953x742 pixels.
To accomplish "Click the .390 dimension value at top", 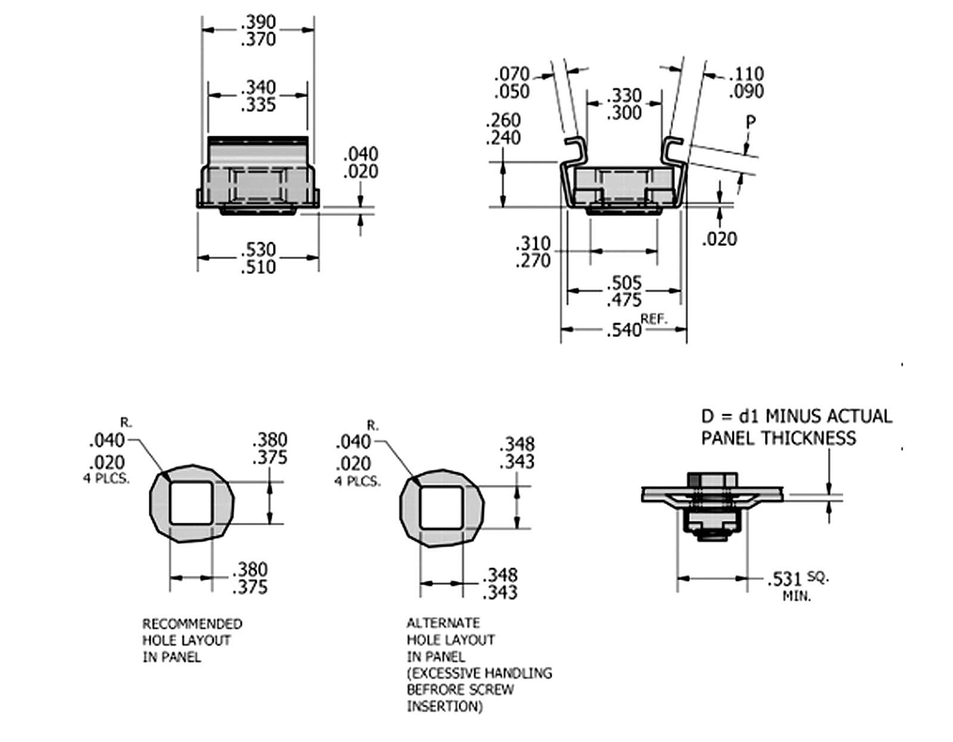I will [259, 23].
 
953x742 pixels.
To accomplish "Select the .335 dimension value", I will [259, 105].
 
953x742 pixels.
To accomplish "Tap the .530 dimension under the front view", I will [259, 249].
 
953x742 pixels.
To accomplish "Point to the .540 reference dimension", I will [623, 330].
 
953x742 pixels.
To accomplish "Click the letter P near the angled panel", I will [750, 122].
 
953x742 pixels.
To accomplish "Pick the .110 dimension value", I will [746, 74].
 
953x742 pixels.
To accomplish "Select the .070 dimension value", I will [512, 74].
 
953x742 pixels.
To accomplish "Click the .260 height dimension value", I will [503, 120].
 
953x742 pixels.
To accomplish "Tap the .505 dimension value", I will [624, 282].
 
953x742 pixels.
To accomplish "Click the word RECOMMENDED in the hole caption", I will [192, 624].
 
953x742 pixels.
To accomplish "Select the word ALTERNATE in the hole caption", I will [443, 623].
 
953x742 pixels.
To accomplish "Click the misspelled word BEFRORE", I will [435, 690].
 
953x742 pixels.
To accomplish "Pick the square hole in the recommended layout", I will [191, 503].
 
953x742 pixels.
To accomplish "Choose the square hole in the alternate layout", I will [441, 507].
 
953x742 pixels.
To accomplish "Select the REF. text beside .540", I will [654, 319].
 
